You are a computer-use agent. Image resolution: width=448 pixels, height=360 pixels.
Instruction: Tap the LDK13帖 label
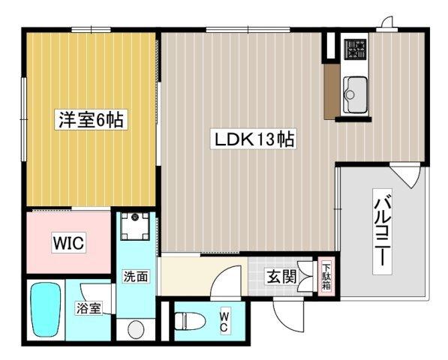[254, 139]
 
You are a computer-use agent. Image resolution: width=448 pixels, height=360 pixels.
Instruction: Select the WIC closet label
[68, 243]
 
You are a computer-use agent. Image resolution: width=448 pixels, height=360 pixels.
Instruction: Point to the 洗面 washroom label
[136, 276]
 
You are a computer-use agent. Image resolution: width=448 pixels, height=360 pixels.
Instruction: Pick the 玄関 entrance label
[281, 276]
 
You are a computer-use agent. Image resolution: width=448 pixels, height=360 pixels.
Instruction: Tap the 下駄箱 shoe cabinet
[326, 277]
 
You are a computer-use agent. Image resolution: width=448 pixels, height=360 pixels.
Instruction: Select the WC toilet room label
[224, 322]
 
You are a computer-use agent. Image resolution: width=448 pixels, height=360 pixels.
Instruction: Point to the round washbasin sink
[136, 328]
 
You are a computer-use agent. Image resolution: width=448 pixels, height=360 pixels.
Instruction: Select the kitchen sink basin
[354, 95]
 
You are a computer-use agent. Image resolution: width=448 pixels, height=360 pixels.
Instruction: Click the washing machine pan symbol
[136, 224]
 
